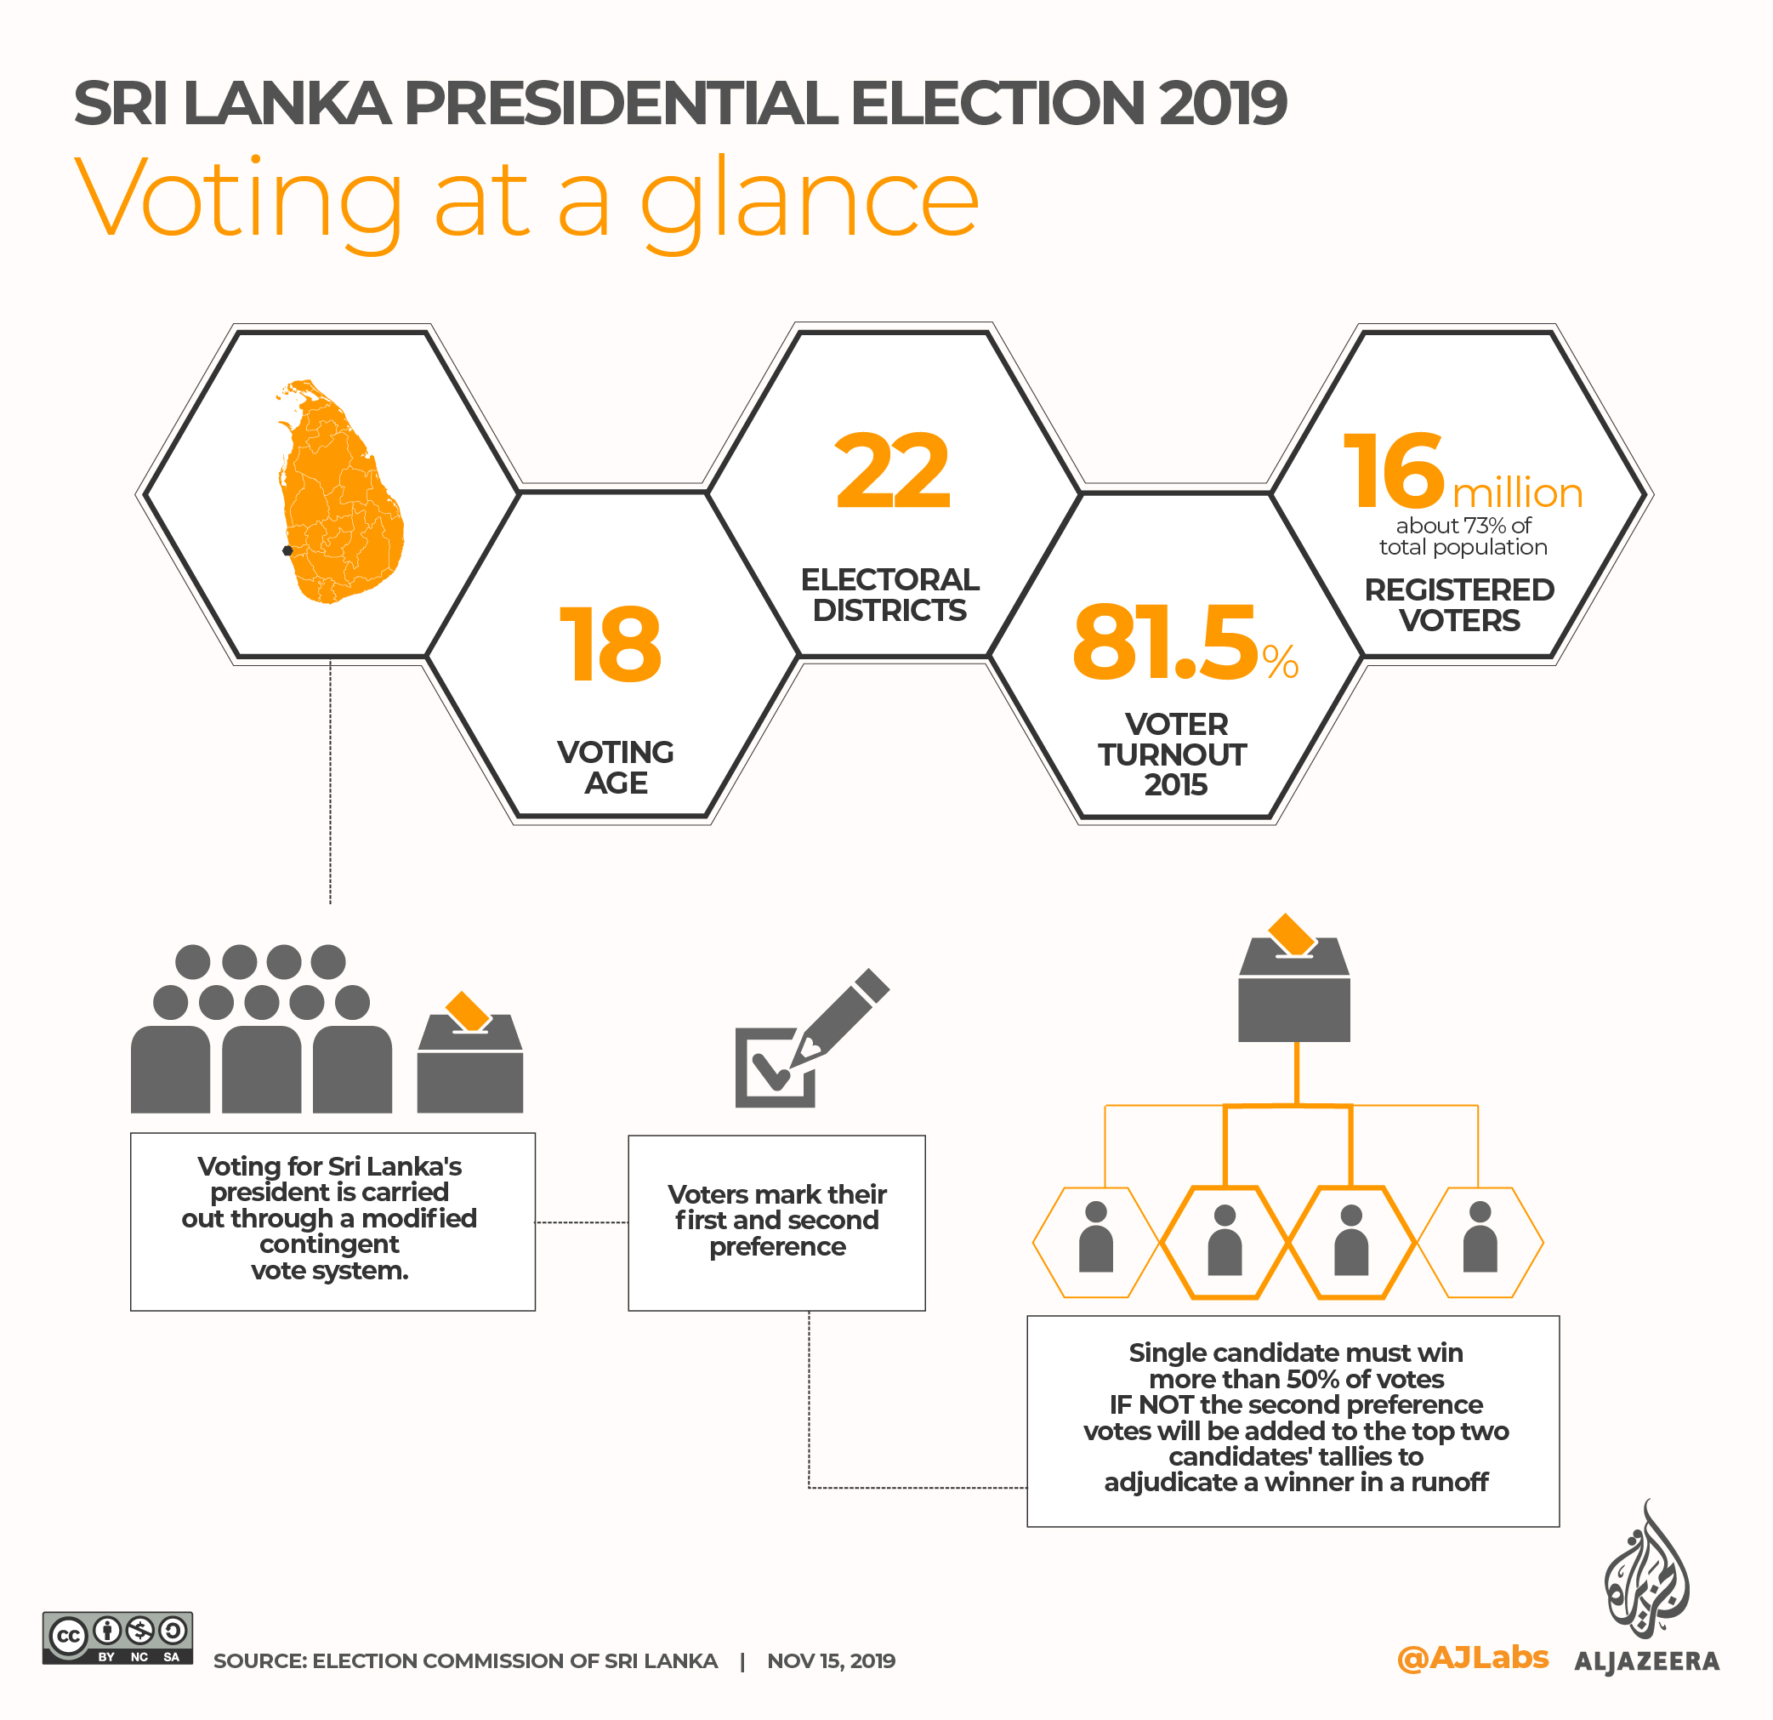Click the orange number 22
[892, 471]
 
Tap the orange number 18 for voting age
[611, 645]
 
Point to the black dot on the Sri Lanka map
[287, 550]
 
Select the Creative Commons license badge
[117, 1637]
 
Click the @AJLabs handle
[1473, 1658]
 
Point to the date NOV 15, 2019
[831, 1661]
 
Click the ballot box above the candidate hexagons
[1293, 990]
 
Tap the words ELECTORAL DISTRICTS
[890, 595]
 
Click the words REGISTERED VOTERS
[1459, 605]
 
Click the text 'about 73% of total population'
[1463, 536]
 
